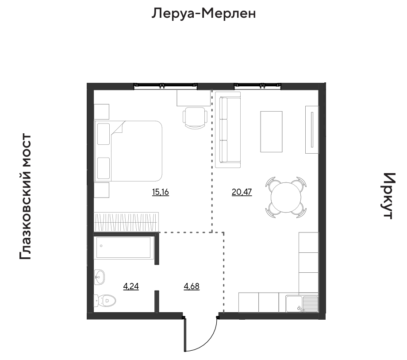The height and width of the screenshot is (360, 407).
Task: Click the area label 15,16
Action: [161, 192]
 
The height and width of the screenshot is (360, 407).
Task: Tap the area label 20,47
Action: [242, 192]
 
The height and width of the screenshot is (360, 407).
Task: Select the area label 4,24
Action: [131, 286]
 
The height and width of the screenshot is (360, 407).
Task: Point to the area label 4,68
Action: [192, 286]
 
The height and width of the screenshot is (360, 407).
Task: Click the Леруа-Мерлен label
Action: [204, 14]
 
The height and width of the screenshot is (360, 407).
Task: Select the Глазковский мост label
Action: [26, 196]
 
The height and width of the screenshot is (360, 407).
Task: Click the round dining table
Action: [286, 197]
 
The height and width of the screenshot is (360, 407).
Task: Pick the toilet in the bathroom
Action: [104, 301]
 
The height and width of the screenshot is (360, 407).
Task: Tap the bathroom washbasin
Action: [100, 277]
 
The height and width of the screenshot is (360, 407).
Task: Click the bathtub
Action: [123, 248]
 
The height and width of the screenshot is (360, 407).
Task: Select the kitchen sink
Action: [302, 304]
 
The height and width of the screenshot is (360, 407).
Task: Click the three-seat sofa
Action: [228, 130]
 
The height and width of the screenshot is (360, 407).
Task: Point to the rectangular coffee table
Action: [271, 132]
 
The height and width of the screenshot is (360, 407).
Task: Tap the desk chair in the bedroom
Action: [195, 118]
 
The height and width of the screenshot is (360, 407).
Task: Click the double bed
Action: [128, 151]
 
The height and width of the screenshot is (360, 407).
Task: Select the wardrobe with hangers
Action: [126, 222]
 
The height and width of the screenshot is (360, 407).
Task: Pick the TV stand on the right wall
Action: [312, 130]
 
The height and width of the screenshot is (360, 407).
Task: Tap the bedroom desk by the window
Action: [194, 98]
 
